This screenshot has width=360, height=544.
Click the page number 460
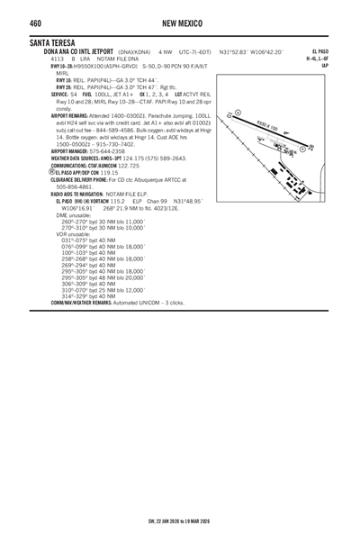tap(36, 22)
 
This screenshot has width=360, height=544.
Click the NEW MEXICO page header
tap(179, 22)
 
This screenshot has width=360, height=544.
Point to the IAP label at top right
tap(325, 66)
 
